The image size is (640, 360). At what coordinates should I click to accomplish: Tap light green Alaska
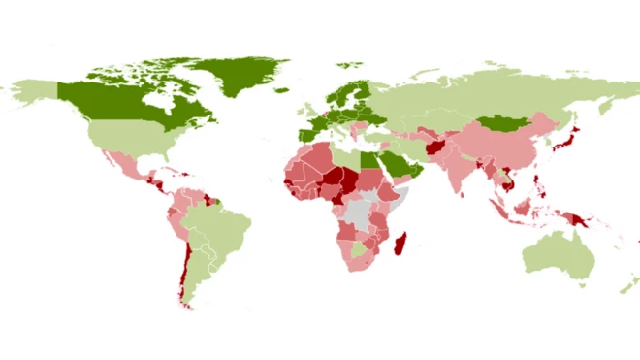pos(34,92)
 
